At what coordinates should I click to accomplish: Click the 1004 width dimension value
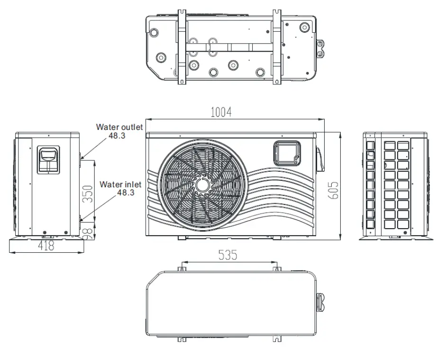coord(221,112)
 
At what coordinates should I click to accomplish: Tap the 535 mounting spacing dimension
coord(228,255)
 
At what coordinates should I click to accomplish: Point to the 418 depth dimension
coord(46,245)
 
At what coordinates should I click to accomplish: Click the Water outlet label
coord(119,127)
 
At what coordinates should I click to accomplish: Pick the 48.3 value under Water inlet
coord(126,193)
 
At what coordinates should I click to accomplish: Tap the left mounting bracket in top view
coord(182,46)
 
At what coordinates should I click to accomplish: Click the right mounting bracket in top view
coord(277,46)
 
